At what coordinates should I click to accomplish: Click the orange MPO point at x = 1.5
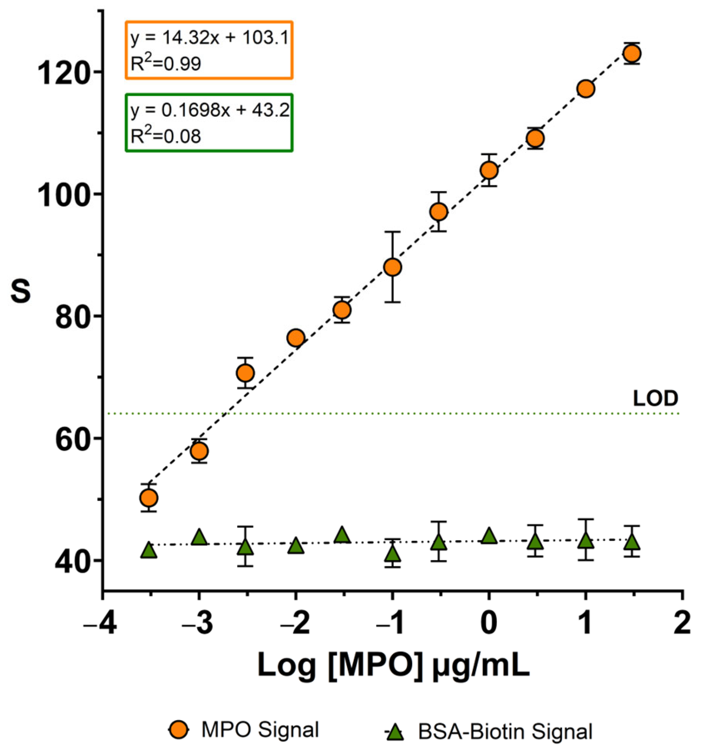coord(632,53)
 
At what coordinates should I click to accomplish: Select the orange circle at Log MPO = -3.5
coord(149,498)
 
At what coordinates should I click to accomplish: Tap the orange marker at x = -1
coord(392,267)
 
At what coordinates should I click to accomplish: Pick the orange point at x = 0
coord(489,170)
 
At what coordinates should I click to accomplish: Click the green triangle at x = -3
coord(199,537)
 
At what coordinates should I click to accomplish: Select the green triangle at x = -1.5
coord(342,535)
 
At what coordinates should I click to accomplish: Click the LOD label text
coord(655,398)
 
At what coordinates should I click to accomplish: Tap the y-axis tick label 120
coord(64,74)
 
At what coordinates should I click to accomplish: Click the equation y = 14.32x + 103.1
coord(209,38)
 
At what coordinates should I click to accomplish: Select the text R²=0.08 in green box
coord(166,136)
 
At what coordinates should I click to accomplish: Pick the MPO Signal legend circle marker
coord(179,730)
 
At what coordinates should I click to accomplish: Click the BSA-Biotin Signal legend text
coord(505,732)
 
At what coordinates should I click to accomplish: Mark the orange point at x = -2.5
coord(245,373)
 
